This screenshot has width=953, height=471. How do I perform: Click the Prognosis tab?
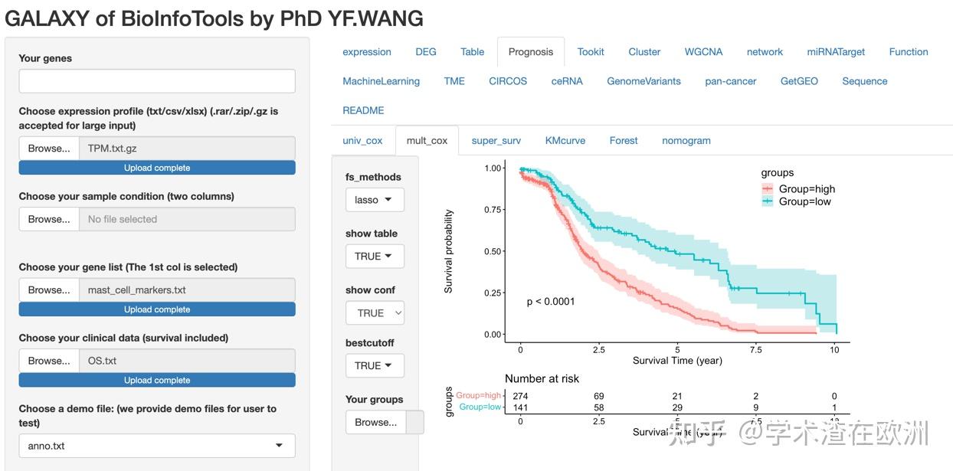(530, 52)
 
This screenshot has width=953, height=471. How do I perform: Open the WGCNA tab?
(703, 52)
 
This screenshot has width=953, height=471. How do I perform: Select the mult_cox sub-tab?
(427, 140)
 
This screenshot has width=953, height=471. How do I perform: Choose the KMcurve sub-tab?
(565, 140)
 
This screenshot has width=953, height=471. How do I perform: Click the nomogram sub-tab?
(686, 140)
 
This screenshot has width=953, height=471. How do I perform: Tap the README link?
(363, 110)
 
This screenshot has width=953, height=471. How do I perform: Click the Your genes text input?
(157, 81)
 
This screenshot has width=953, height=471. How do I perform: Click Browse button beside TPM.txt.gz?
(49, 149)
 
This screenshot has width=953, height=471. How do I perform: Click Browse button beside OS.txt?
(49, 361)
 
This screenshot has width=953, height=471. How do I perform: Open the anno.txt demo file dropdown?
(157, 446)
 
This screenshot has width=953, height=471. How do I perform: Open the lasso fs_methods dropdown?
(375, 200)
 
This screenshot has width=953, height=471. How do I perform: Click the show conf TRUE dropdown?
(375, 312)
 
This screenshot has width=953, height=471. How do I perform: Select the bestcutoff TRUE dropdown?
(375, 365)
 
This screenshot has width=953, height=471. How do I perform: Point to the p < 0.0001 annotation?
(551, 302)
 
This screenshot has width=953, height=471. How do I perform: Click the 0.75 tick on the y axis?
(493, 210)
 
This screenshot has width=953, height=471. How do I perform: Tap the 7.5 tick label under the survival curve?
(755, 350)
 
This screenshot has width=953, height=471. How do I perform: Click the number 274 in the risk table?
(520, 396)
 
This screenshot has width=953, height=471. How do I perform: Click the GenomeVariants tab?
(643, 81)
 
